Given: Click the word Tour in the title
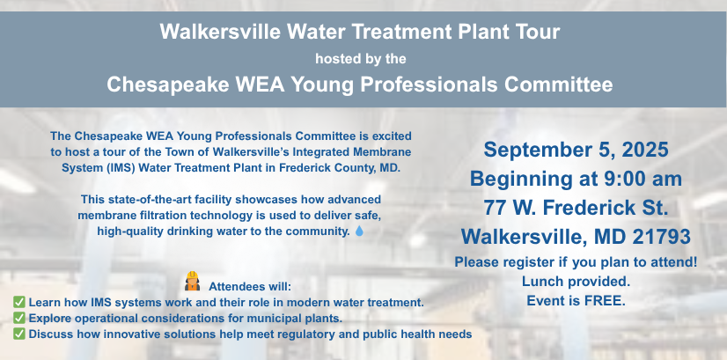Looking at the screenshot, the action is (x=538, y=32).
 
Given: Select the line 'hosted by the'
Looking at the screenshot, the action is (x=361, y=59).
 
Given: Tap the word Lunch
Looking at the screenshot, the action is (x=540, y=282).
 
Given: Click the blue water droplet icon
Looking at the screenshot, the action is (x=359, y=231).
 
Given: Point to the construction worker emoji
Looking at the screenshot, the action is (x=192, y=281).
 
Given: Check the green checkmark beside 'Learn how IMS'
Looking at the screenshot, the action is (x=19, y=303).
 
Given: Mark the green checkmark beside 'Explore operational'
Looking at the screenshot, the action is (x=19, y=319).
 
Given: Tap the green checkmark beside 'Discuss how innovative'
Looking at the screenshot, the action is (x=19, y=334).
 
